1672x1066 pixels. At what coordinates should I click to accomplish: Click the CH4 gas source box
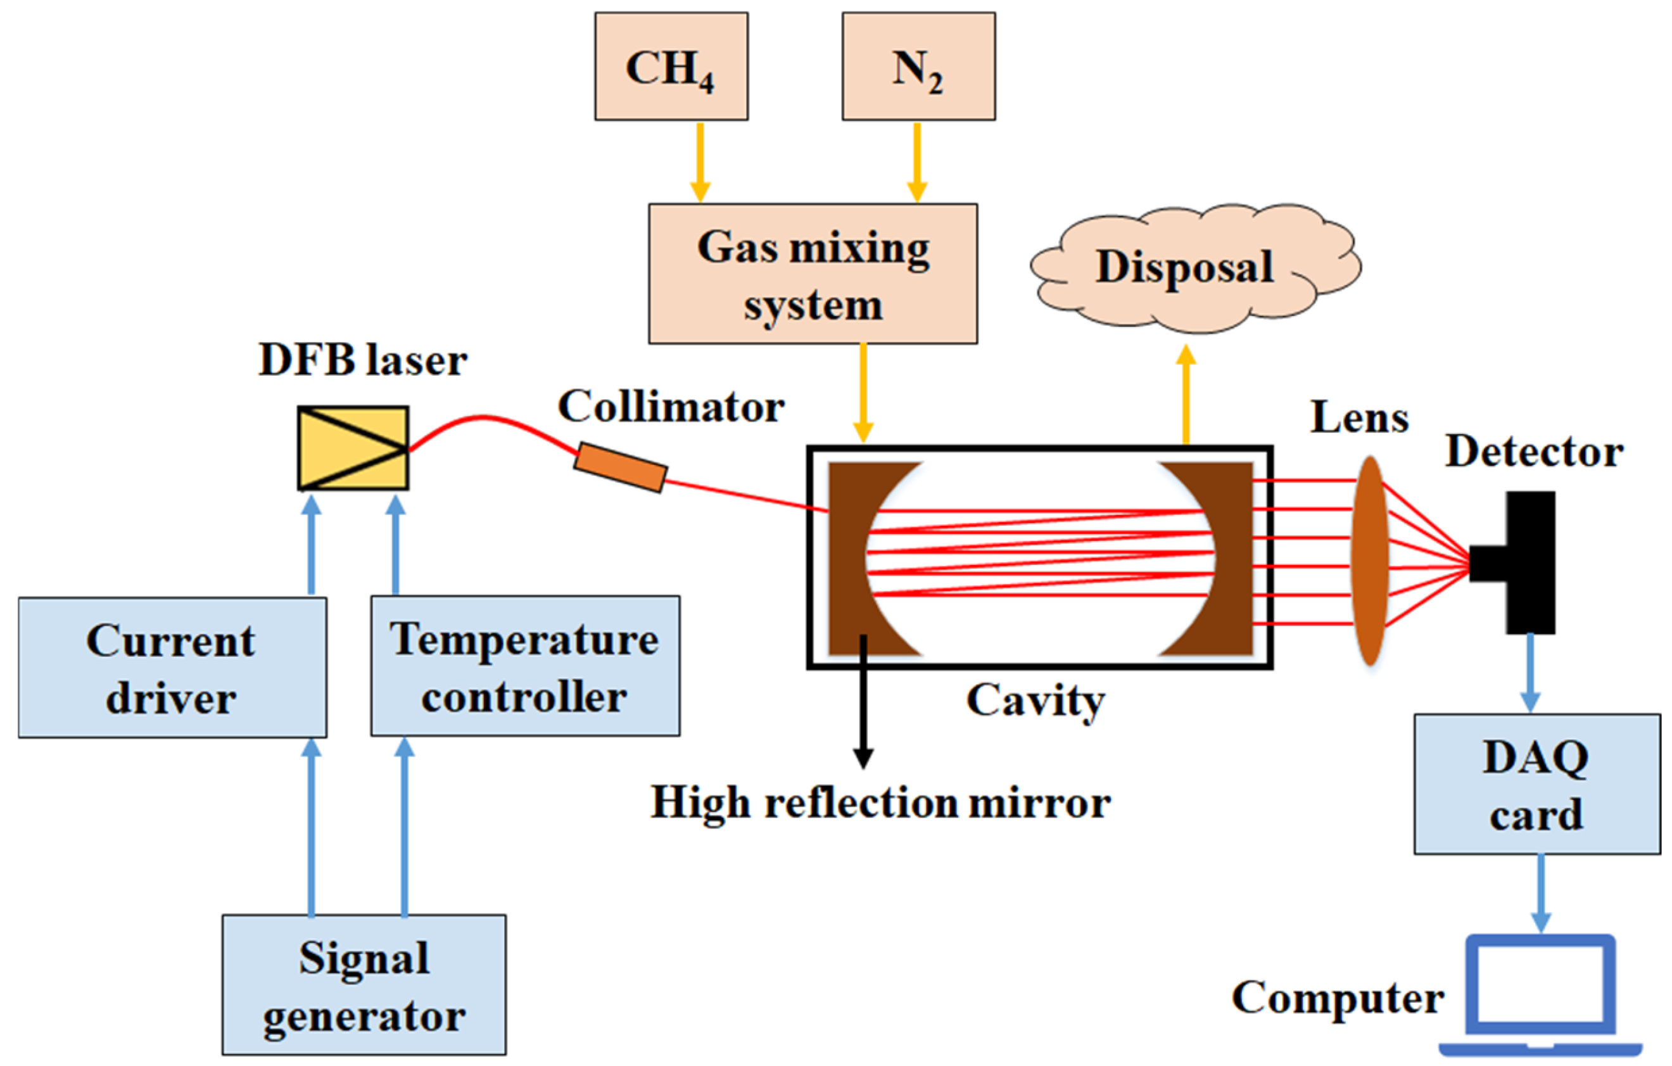pos(671,66)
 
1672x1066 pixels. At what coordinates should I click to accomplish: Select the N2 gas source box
pos(918,66)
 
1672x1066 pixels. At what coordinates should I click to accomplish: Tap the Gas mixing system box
pos(813,274)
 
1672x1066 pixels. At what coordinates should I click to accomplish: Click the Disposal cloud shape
pos(1195,268)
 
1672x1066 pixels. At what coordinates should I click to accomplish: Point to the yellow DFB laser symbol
pos(353,448)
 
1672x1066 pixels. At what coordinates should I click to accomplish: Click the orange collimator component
pos(620,467)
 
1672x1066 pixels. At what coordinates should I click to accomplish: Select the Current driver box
pos(172,668)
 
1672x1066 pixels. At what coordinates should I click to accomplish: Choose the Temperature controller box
pos(525,666)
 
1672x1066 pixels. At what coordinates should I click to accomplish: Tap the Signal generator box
pos(364,985)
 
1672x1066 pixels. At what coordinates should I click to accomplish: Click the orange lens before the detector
pos(1369,561)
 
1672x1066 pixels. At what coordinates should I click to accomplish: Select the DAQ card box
pos(1537,784)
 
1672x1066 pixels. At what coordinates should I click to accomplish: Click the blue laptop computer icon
pos(1540,994)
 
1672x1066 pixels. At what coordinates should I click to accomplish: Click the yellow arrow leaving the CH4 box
pos(700,163)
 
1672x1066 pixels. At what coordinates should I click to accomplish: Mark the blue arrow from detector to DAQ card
pos(1530,673)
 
